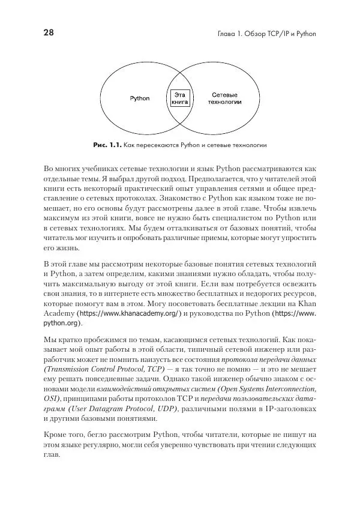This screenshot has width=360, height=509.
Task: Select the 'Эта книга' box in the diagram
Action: coord(180,98)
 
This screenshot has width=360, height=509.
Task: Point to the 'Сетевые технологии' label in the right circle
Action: coord(225,98)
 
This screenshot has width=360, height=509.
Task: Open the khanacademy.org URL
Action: coord(131,313)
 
